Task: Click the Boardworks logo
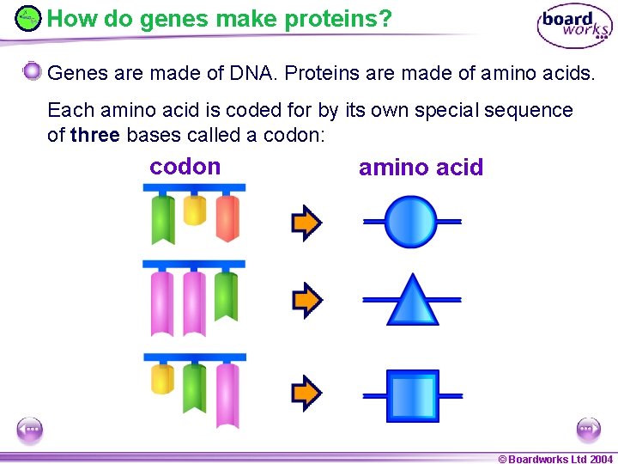pos(574,27)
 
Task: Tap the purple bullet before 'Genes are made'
pos(32,71)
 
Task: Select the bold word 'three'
pos(94,135)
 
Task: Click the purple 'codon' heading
pos(185,167)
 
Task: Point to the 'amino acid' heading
pos(421,168)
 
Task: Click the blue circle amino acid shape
pos(411,222)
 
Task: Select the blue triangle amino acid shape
pos(413,301)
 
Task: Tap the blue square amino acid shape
pos(412,396)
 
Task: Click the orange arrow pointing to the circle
pos(306,223)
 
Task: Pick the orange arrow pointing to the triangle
pos(306,300)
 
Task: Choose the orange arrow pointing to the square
pos(306,393)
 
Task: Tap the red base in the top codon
pos(227,217)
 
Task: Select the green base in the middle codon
pos(226,296)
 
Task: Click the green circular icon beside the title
pos(28,18)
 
